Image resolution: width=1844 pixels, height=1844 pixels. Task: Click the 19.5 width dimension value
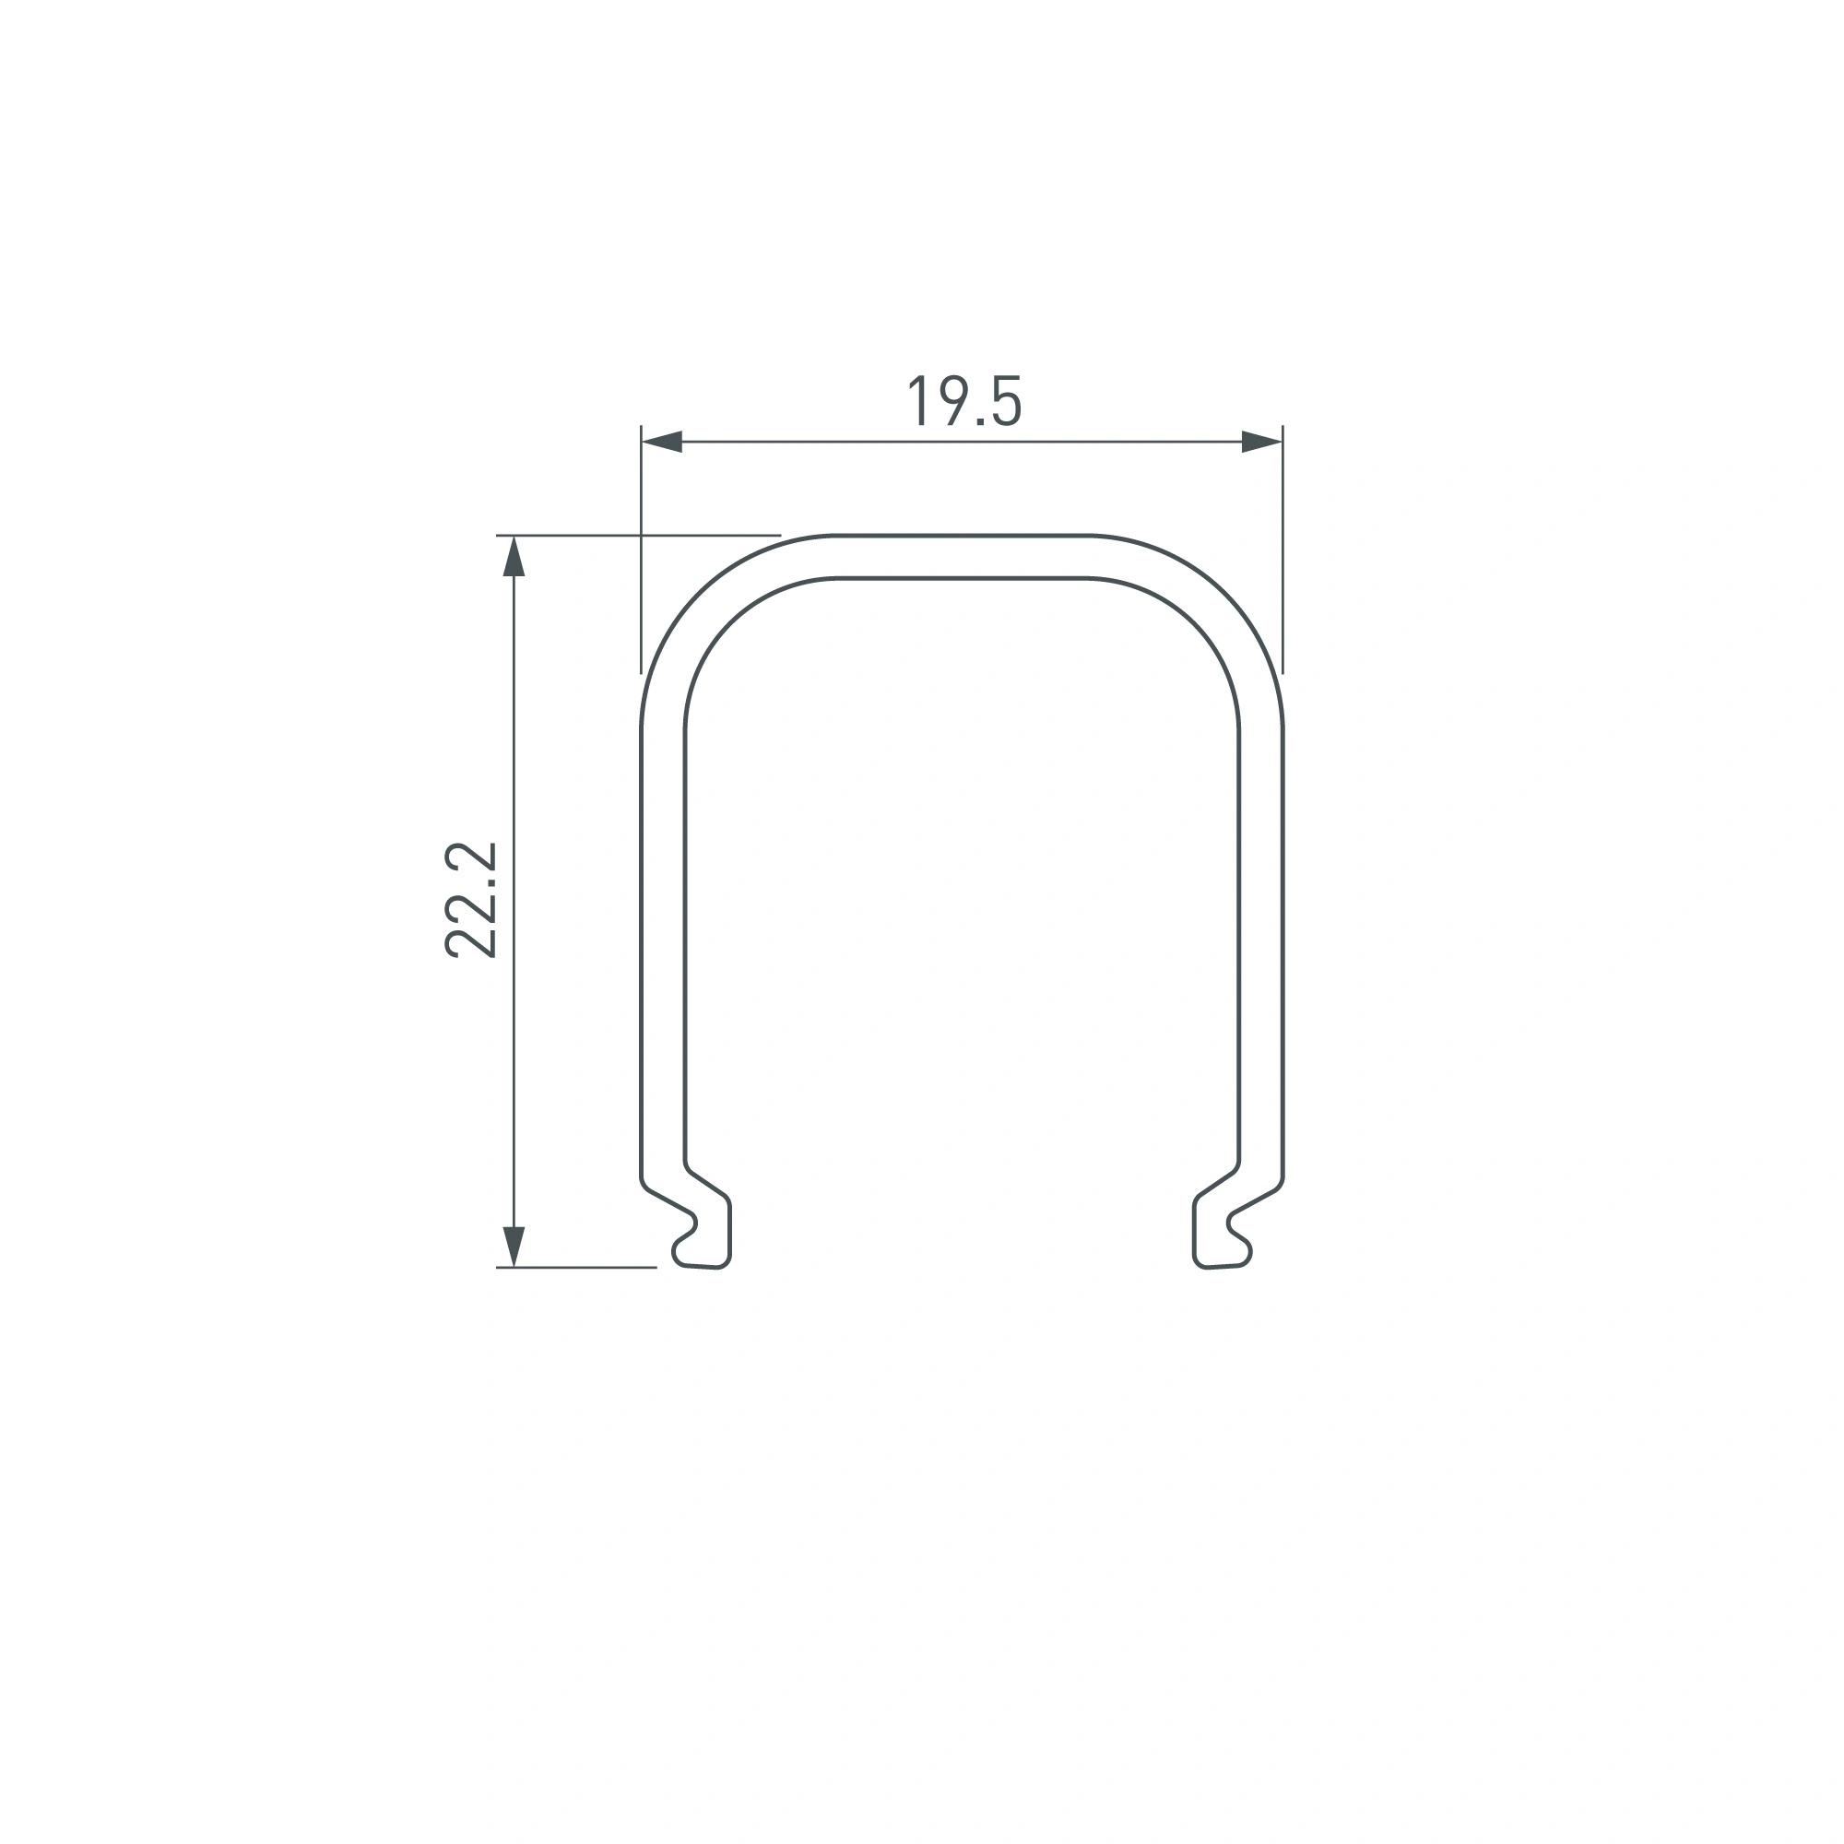click(x=964, y=402)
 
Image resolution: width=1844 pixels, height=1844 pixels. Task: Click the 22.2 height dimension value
click(x=471, y=900)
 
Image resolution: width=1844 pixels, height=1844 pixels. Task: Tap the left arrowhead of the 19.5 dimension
click(x=662, y=442)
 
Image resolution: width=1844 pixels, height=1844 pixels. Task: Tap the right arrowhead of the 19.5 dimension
click(x=1260, y=442)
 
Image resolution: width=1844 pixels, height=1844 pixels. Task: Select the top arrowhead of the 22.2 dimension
click(x=514, y=557)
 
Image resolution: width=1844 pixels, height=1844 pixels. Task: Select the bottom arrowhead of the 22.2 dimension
click(x=514, y=1247)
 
